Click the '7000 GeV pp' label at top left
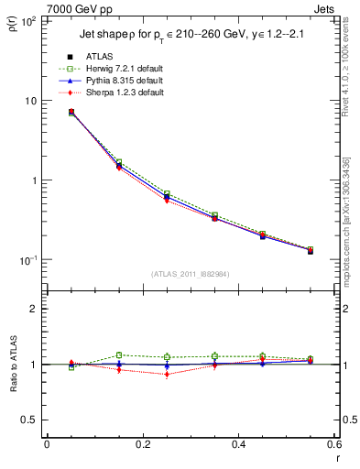click(72, 8)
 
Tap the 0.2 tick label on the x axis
click(142, 443)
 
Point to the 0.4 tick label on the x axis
click(238, 443)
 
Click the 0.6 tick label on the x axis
click(333, 443)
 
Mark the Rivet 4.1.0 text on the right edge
click(349, 73)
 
